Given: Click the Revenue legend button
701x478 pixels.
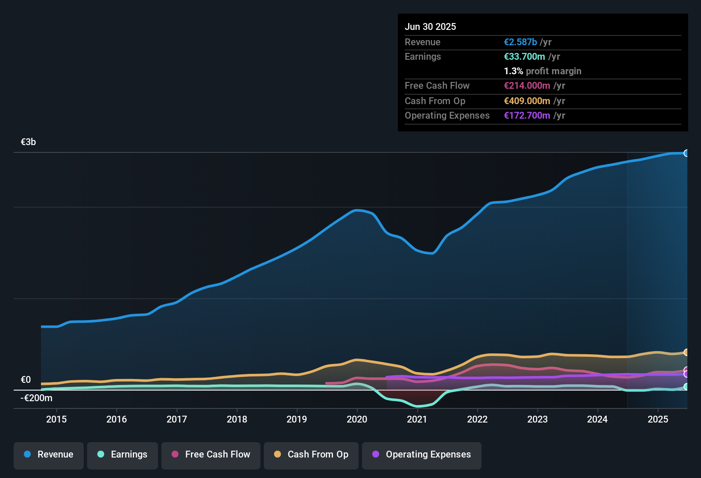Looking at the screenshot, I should (x=49, y=455).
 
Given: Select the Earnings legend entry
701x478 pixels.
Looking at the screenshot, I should (x=123, y=455).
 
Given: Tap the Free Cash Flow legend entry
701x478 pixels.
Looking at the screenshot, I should (x=211, y=455).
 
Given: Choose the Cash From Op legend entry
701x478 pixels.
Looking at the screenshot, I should (x=311, y=455).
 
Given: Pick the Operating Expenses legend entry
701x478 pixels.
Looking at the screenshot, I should (x=422, y=455).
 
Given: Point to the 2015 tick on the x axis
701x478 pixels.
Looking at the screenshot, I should (x=56, y=419).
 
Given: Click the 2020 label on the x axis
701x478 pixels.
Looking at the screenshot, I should (x=357, y=419).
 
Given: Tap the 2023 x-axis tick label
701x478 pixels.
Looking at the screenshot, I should (x=537, y=419).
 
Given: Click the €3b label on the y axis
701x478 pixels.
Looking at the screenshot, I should (x=28, y=142).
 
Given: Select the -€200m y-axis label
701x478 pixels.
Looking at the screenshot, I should (x=37, y=398).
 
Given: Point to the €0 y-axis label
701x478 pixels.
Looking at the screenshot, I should (x=26, y=380).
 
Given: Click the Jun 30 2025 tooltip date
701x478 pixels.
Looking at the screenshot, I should (x=430, y=26).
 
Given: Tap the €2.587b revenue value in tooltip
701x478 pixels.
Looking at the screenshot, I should (x=520, y=42).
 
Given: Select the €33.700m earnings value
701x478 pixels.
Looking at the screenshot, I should (x=524, y=56).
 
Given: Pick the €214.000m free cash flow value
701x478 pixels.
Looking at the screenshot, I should (x=527, y=85).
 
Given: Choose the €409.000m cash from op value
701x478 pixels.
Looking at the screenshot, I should (x=527, y=101).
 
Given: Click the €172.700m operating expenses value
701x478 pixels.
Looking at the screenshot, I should (x=527, y=115).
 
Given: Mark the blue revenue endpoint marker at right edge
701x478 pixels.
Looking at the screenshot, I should (x=686, y=153).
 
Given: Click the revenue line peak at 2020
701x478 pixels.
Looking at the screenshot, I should (x=356, y=210).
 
